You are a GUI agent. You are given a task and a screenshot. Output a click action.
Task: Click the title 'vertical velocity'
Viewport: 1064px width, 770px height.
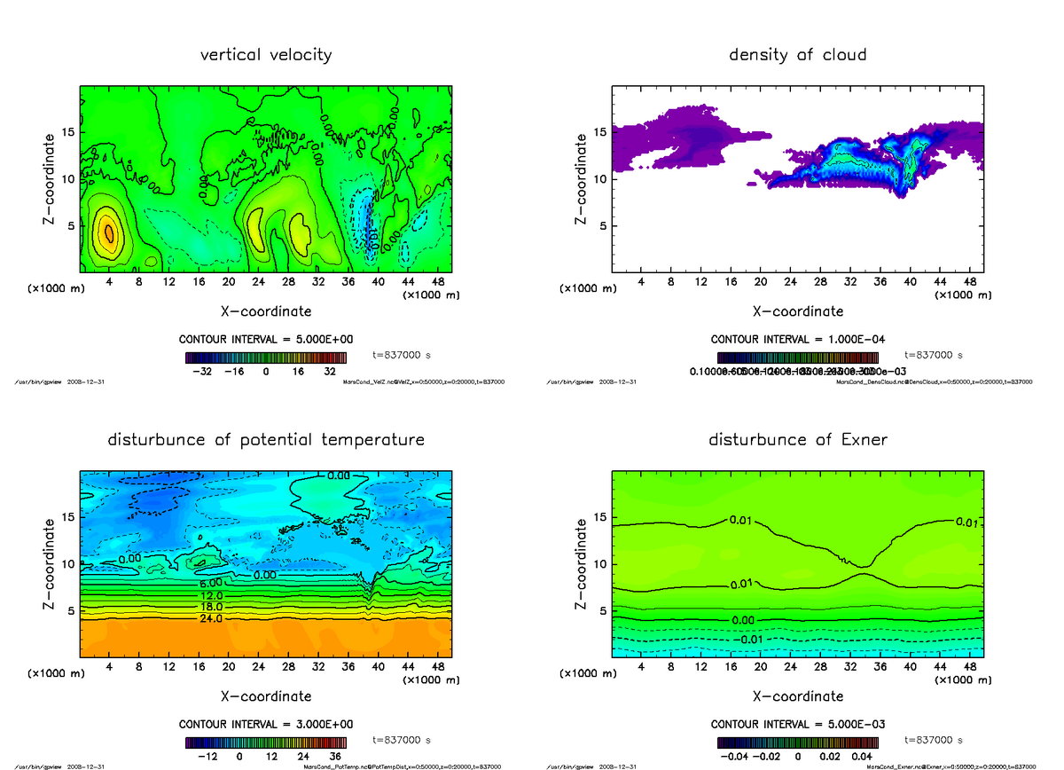(266, 55)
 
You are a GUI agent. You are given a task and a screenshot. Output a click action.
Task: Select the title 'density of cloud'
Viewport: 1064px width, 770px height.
(797, 55)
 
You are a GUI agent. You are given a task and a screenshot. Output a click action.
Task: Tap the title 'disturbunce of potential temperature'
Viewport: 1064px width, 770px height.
(266, 440)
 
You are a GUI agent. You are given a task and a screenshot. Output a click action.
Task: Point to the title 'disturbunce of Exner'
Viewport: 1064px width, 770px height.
(797, 440)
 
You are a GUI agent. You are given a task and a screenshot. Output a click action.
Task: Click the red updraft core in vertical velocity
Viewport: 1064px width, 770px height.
(109, 232)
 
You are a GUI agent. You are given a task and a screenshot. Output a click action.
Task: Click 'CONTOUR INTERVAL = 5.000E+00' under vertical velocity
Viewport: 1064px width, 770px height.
(266, 340)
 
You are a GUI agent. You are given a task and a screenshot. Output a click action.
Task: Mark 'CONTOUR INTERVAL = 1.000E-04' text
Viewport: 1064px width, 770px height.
(797, 340)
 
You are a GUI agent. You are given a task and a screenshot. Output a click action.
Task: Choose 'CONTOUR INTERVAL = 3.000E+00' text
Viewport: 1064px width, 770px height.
(266, 724)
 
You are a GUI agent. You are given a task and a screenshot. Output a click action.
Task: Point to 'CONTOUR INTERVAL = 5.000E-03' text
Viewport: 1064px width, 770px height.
(797, 724)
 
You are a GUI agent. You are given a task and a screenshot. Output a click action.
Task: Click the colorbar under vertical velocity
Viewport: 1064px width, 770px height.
(266, 357)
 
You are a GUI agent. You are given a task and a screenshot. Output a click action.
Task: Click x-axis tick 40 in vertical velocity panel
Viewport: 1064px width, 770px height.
(379, 282)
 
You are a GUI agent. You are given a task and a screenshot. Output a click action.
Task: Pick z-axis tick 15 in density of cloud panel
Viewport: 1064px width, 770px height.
(599, 133)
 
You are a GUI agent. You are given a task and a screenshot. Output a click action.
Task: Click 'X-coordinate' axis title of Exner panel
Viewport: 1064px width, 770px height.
(797, 695)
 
